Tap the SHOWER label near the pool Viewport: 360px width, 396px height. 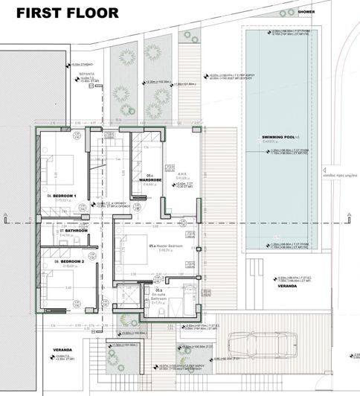(306, 12)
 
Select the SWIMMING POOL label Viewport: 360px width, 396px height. (279, 138)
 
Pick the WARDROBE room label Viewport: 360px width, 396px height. (151, 180)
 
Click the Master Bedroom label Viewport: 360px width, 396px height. (165, 246)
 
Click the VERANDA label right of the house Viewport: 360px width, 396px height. (286, 284)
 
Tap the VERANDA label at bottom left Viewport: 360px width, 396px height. (62, 350)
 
